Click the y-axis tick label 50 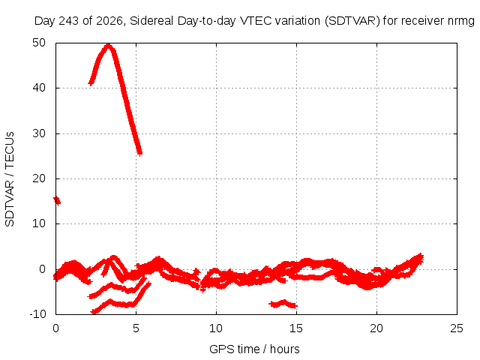[39, 43]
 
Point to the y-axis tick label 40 [39, 88]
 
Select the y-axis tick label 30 [39, 133]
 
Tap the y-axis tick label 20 [39, 178]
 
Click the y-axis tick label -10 [37, 313]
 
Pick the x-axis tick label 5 [136, 328]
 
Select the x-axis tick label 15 [296, 328]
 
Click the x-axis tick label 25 [457, 328]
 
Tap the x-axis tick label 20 [376, 328]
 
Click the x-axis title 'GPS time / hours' [254, 349]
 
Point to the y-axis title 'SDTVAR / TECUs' [10, 179]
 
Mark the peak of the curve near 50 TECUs [108, 45]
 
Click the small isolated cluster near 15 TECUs [57, 201]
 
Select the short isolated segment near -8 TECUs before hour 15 [283, 304]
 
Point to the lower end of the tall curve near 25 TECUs [139, 153]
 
